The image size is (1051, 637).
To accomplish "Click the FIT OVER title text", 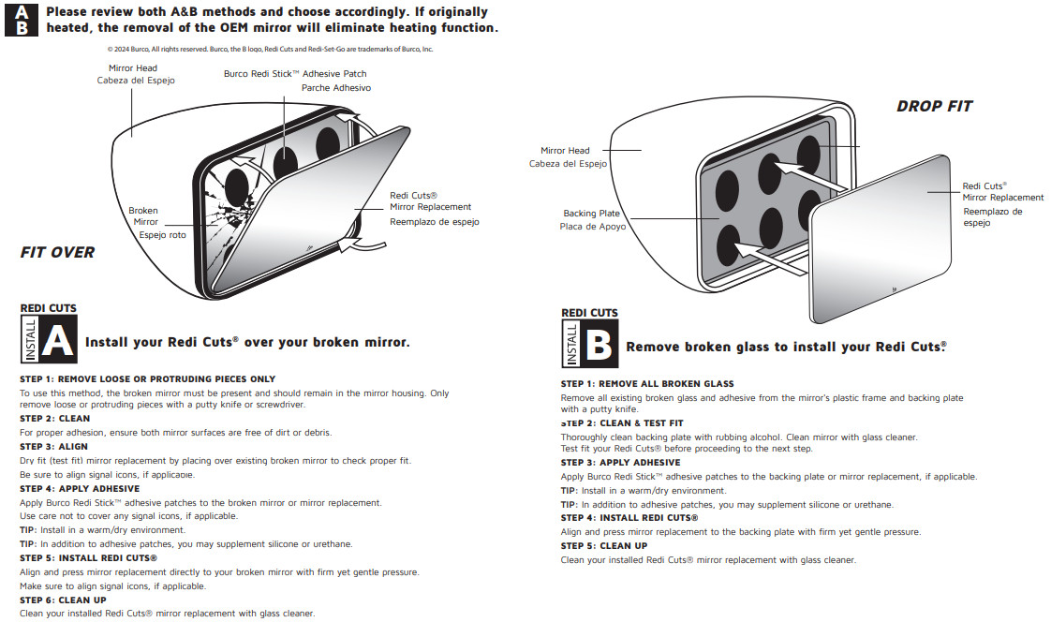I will tap(57, 252).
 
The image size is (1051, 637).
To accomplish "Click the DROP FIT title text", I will tap(934, 107).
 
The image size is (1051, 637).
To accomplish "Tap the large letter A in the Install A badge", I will tap(57, 341).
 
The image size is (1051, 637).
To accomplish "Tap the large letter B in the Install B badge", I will tap(598, 346).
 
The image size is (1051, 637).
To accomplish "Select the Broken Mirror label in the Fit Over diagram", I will tap(143, 216).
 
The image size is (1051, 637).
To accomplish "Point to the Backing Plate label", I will tap(591, 214).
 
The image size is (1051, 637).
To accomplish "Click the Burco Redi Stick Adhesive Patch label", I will tap(295, 74).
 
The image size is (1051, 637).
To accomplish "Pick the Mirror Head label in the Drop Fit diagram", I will tap(565, 151).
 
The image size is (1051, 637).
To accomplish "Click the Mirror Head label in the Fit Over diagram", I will tap(133, 68).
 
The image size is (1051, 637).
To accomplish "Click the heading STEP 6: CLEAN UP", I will tap(63, 600).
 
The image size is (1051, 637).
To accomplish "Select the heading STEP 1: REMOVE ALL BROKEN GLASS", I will tap(647, 384).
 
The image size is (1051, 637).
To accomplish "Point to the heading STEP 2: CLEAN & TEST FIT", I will tap(622, 423).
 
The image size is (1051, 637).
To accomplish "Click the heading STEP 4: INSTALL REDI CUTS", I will tap(629, 518).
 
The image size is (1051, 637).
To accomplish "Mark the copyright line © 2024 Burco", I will tap(270, 49).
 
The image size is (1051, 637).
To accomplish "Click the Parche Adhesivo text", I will tap(336, 88).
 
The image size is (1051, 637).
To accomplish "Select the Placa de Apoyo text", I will tap(593, 227).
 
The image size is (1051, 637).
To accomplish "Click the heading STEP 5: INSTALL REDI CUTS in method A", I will tap(88, 558).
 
